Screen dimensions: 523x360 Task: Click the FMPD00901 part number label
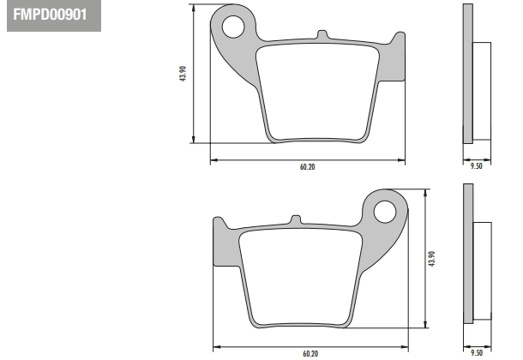50,15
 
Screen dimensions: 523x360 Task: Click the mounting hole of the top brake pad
233,27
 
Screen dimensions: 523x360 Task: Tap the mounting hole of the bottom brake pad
385,212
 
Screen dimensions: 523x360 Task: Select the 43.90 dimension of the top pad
183,74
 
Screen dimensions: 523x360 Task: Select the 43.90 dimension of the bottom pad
431,259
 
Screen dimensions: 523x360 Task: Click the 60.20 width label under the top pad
307,166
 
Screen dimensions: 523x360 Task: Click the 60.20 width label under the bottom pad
310,353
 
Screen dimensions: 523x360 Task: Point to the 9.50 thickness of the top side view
477,166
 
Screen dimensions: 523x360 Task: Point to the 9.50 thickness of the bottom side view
477,352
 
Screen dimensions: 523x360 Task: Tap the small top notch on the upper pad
322,34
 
